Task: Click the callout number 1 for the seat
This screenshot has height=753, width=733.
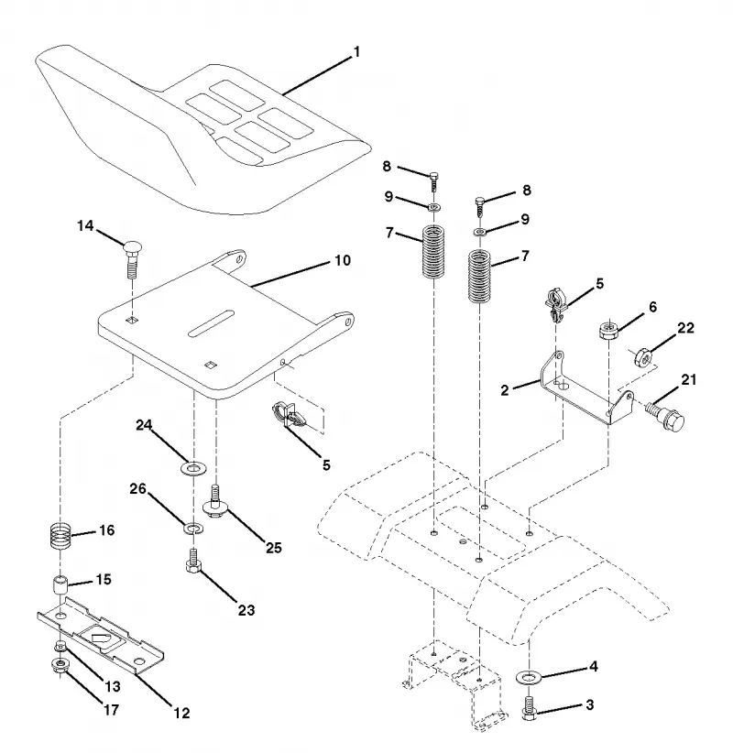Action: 356,52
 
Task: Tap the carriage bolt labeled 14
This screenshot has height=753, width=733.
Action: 133,260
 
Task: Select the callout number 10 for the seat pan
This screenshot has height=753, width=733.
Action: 343,260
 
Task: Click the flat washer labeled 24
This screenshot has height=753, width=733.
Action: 193,467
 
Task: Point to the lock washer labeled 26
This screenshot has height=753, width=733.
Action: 193,529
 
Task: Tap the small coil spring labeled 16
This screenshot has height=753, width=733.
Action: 61,536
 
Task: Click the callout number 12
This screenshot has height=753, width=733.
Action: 181,713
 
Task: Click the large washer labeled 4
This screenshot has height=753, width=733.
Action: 529,677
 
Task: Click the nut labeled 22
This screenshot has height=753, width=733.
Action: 643,357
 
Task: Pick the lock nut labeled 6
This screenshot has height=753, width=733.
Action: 609,330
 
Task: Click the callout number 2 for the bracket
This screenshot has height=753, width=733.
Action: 504,390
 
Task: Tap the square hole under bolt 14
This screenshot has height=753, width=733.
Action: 133,320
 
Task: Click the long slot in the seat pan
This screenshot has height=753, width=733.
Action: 211,323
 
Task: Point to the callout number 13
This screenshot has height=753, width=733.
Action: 113,687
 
